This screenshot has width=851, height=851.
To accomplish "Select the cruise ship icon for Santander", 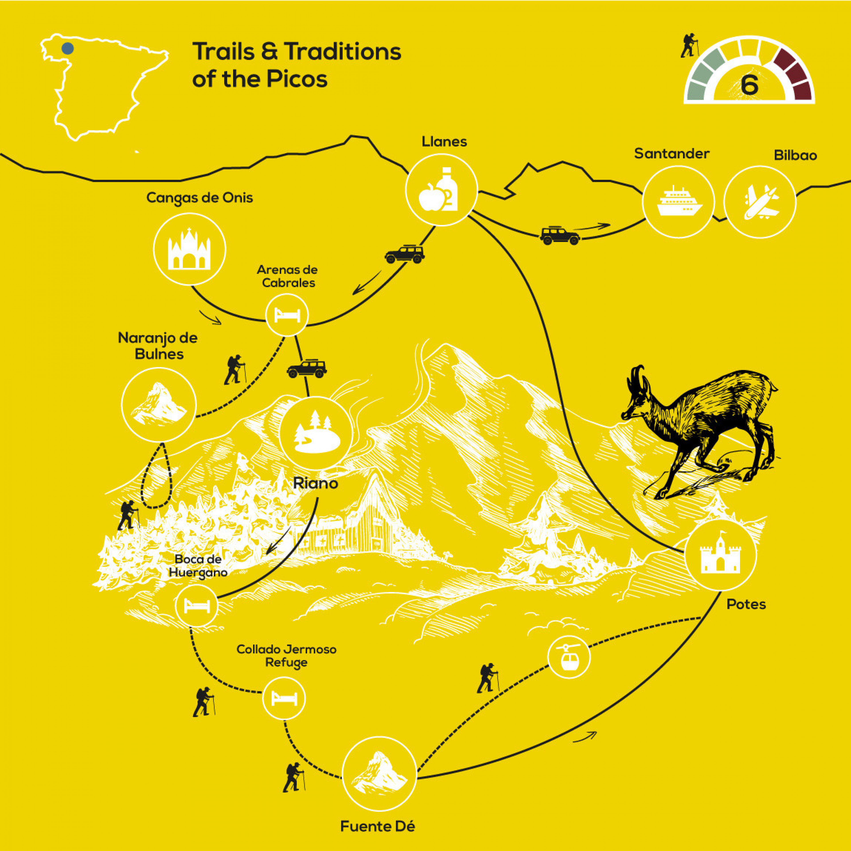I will pyautogui.click(x=678, y=202).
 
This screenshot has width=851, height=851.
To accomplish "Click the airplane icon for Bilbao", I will pyautogui.click(x=760, y=202).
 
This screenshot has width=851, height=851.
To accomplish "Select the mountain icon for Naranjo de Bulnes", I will pyautogui.click(x=159, y=404).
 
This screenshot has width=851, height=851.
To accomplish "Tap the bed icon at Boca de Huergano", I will pyautogui.click(x=196, y=606).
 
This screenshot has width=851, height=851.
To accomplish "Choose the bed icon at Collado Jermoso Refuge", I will pyautogui.click(x=284, y=699).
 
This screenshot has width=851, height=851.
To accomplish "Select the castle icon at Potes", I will pyautogui.click(x=720, y=554).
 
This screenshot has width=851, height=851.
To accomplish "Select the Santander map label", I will pyautogui.click(x=672, y=154).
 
